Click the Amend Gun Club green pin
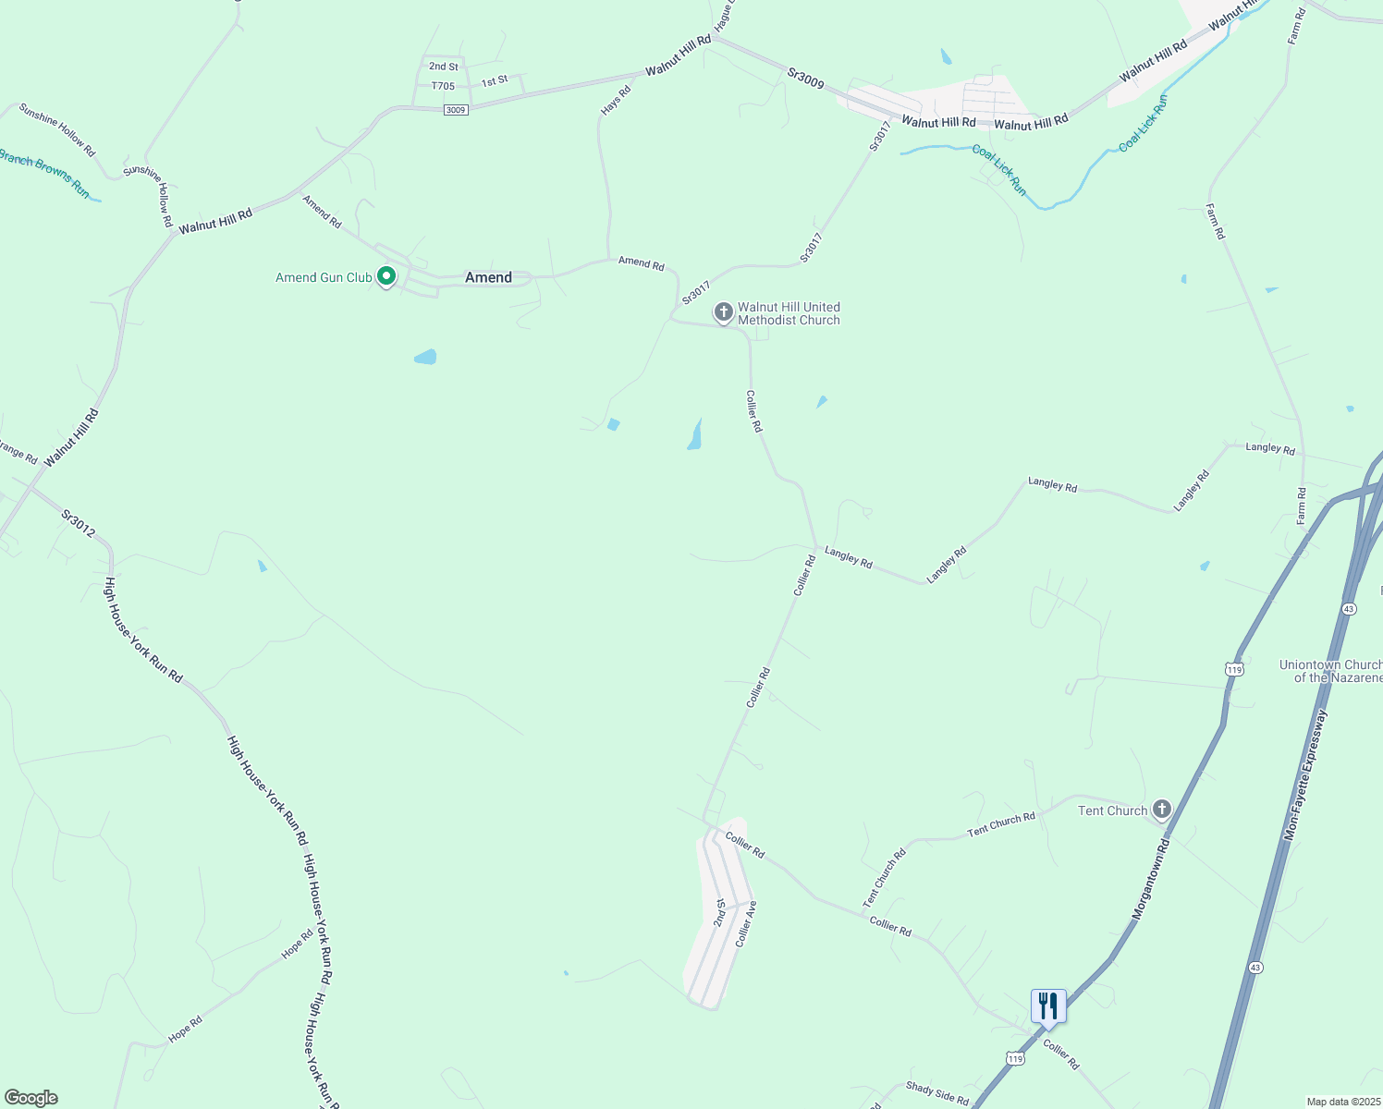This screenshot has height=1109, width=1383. tap(386, 276)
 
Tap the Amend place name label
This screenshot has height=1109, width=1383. tap(488, 277)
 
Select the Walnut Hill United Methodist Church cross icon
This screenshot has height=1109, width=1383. tap(723, 312)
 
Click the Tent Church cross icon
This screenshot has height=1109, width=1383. tap(1161, 810)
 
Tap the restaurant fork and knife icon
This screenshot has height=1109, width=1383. tap(1048, 1005)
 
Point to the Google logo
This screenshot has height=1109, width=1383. tap(31, 1098)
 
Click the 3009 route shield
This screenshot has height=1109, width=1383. tap(456, 110)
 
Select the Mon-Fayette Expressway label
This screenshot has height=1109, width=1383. tap(1305, 774)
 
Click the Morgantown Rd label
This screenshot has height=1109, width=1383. tap(1151, 879)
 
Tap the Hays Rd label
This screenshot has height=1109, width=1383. tap(616, 100)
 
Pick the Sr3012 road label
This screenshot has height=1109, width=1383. tap(79, 523)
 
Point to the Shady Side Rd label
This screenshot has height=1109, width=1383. tap(936, 1093)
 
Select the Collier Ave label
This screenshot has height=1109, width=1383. tap(746, 923)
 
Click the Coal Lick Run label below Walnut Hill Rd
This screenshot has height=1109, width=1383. tap(999, 169)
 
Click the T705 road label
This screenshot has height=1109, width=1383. tap(443, 86)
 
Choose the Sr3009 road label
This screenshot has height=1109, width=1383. tap(805, 78)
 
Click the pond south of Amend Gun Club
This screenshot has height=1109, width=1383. tap(425, 357)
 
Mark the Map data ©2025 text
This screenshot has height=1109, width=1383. tap(1342, 1102)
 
